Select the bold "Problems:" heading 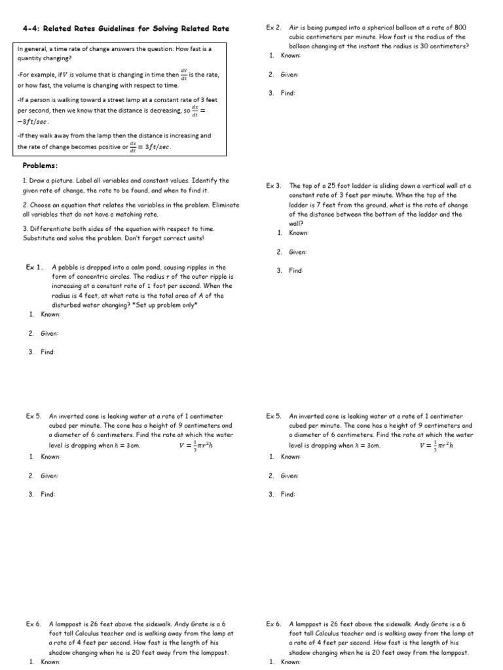tap(41, 166)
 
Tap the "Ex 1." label tap(35, 267)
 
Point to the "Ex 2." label tap(274, 27)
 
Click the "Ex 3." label tap(274, 186)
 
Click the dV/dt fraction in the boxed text tap(183, 75)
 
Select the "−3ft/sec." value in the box tap(33, 122)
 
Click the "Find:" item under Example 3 tap(296, 270)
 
